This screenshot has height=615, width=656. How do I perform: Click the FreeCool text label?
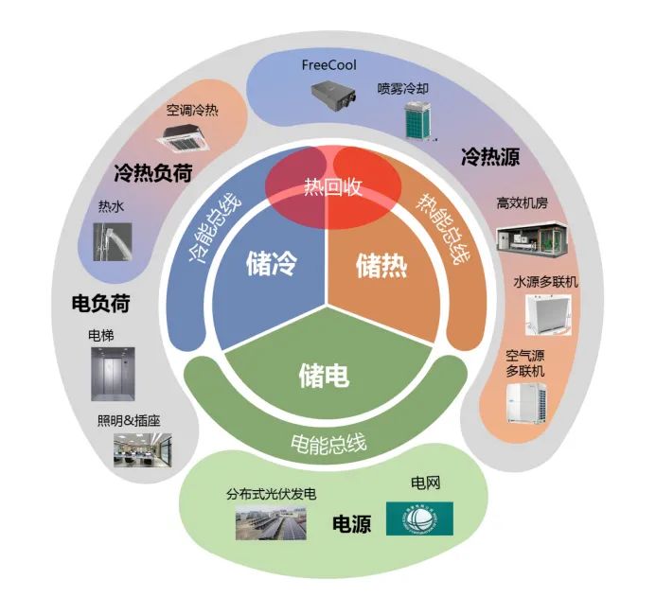[328, 65]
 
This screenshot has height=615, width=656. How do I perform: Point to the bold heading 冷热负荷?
[152, 172]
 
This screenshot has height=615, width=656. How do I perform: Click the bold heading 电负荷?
[100, 304]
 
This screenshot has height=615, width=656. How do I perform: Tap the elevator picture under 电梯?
[113, 371]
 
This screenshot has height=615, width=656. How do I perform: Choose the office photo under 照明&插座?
[142, 450]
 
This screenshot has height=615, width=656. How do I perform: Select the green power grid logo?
[419, 518]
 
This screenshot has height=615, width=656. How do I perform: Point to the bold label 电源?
[351, 523]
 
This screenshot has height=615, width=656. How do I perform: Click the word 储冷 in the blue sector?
[271, 262]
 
